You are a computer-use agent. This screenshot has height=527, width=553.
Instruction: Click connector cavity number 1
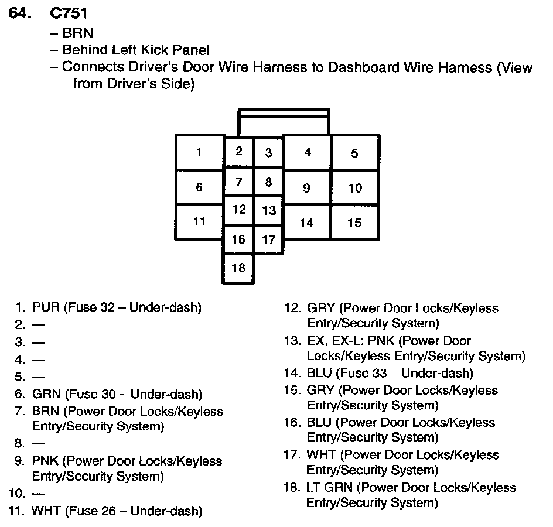[x=199, y=153]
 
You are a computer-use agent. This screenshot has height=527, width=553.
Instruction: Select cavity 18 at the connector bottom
[x=238, y=268]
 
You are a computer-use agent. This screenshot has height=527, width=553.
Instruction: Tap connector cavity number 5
[x=354, y=153]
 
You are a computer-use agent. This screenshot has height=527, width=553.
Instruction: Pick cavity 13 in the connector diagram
[x=268, y=210]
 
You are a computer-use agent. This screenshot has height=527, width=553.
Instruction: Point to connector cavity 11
[x=199, y=221]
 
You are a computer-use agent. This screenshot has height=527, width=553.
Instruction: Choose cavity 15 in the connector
[x=354, y=223]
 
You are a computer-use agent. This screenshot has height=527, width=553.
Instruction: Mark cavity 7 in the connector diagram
[x=238, y=182]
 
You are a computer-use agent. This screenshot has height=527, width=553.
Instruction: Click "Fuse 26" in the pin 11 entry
[x=89, y=511]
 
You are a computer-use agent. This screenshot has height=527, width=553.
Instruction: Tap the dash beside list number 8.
[x=39, y=444]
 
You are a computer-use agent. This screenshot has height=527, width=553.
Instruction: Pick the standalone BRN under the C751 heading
[x=77, y=33]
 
